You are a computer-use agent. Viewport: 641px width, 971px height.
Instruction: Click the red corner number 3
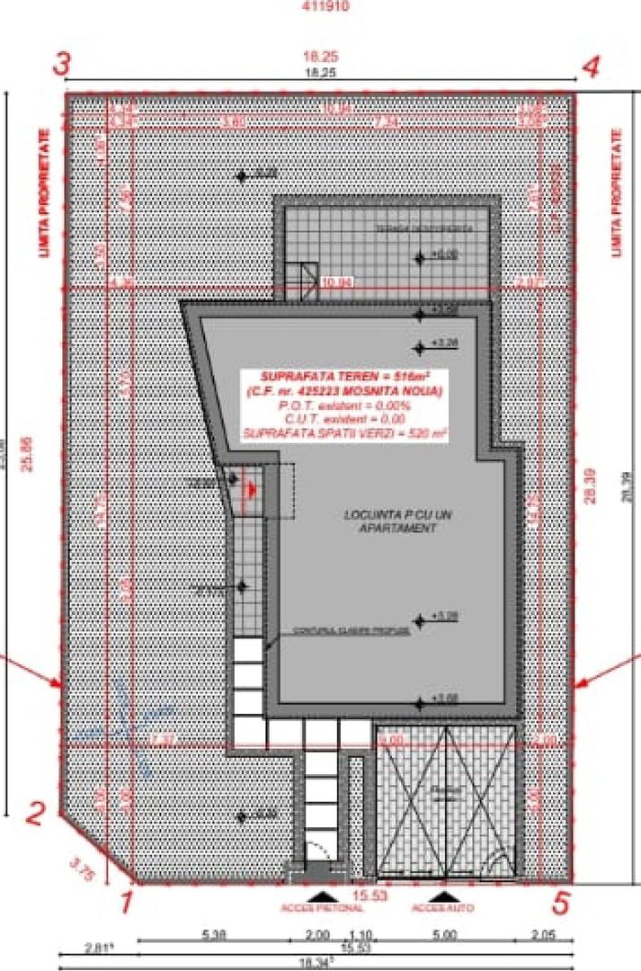tap(61, 65)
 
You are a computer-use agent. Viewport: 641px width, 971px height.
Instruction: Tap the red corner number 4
tap(591, 68)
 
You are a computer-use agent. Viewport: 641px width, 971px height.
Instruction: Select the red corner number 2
tap(35, 815)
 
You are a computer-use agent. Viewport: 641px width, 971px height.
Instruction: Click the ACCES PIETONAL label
tap(322, 908)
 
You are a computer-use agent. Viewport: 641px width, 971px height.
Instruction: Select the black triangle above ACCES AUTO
tap(441, 895)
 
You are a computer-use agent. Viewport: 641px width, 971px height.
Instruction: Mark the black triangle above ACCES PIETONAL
tap(322, 895)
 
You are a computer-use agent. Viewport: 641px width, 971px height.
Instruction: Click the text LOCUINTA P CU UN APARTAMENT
tap(389, 521)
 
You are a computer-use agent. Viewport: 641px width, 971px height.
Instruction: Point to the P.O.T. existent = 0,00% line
tap(343, 405)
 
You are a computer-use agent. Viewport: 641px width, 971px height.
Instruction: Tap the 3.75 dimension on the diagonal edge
tap(80, 869)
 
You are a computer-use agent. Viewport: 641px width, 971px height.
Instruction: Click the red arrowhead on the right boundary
tap(580, 683)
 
